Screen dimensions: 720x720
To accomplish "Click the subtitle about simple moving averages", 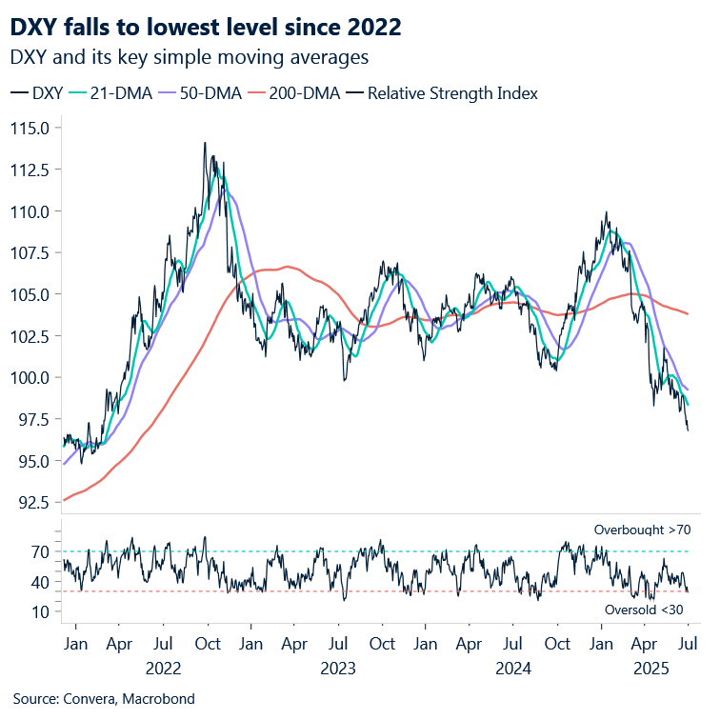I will tap(189, 57).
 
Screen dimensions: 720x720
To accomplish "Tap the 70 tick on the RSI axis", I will tap(40, 551).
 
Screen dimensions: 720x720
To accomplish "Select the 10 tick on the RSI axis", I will tap(40, 611).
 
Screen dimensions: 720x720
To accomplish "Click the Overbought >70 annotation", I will tap(641, 529).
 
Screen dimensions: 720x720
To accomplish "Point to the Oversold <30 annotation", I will tap(645, 609).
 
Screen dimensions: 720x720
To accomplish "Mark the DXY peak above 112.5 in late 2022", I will tap(204, 144).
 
